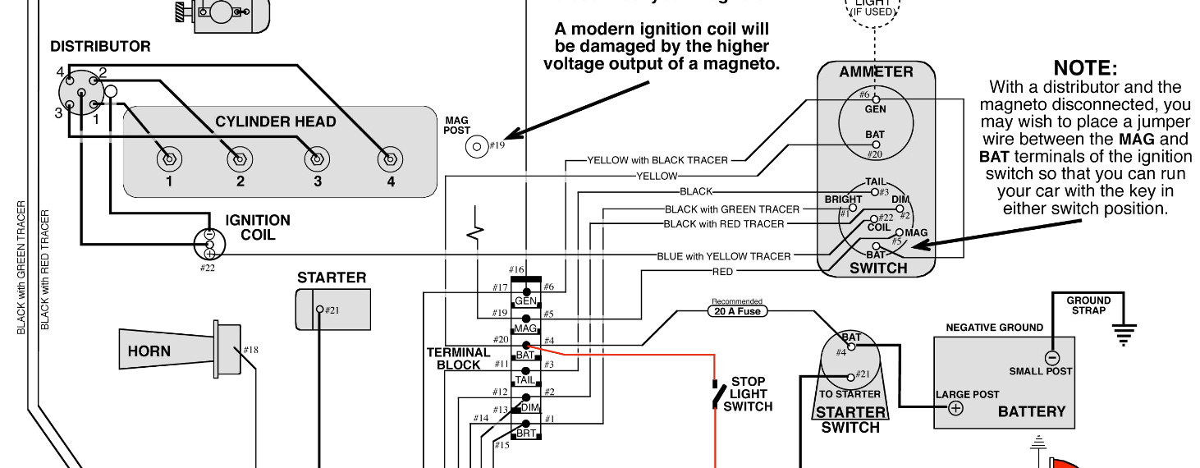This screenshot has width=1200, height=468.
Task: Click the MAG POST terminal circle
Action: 476,147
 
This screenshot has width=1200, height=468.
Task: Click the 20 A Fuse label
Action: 737,311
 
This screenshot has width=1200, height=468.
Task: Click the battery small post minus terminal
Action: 1051,357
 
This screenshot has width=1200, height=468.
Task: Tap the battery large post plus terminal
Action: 955,408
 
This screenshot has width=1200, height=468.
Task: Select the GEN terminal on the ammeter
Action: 876,99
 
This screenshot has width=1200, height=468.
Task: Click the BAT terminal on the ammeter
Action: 876,145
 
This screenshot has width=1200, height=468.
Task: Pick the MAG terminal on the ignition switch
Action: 900,233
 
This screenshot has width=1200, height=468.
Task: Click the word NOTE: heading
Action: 1085,68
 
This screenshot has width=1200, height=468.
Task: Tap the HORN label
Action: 149,351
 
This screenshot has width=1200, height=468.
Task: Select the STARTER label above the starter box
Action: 332,278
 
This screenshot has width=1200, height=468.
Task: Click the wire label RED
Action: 723,272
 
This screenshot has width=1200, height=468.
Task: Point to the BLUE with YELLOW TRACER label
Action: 723,256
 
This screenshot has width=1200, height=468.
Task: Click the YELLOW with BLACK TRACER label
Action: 657,160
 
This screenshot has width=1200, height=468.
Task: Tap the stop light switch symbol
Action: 717,396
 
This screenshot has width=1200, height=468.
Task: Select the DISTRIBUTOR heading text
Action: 100,47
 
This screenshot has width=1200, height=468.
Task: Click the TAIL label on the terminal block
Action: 525,379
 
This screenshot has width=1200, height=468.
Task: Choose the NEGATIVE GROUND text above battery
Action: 994,328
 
